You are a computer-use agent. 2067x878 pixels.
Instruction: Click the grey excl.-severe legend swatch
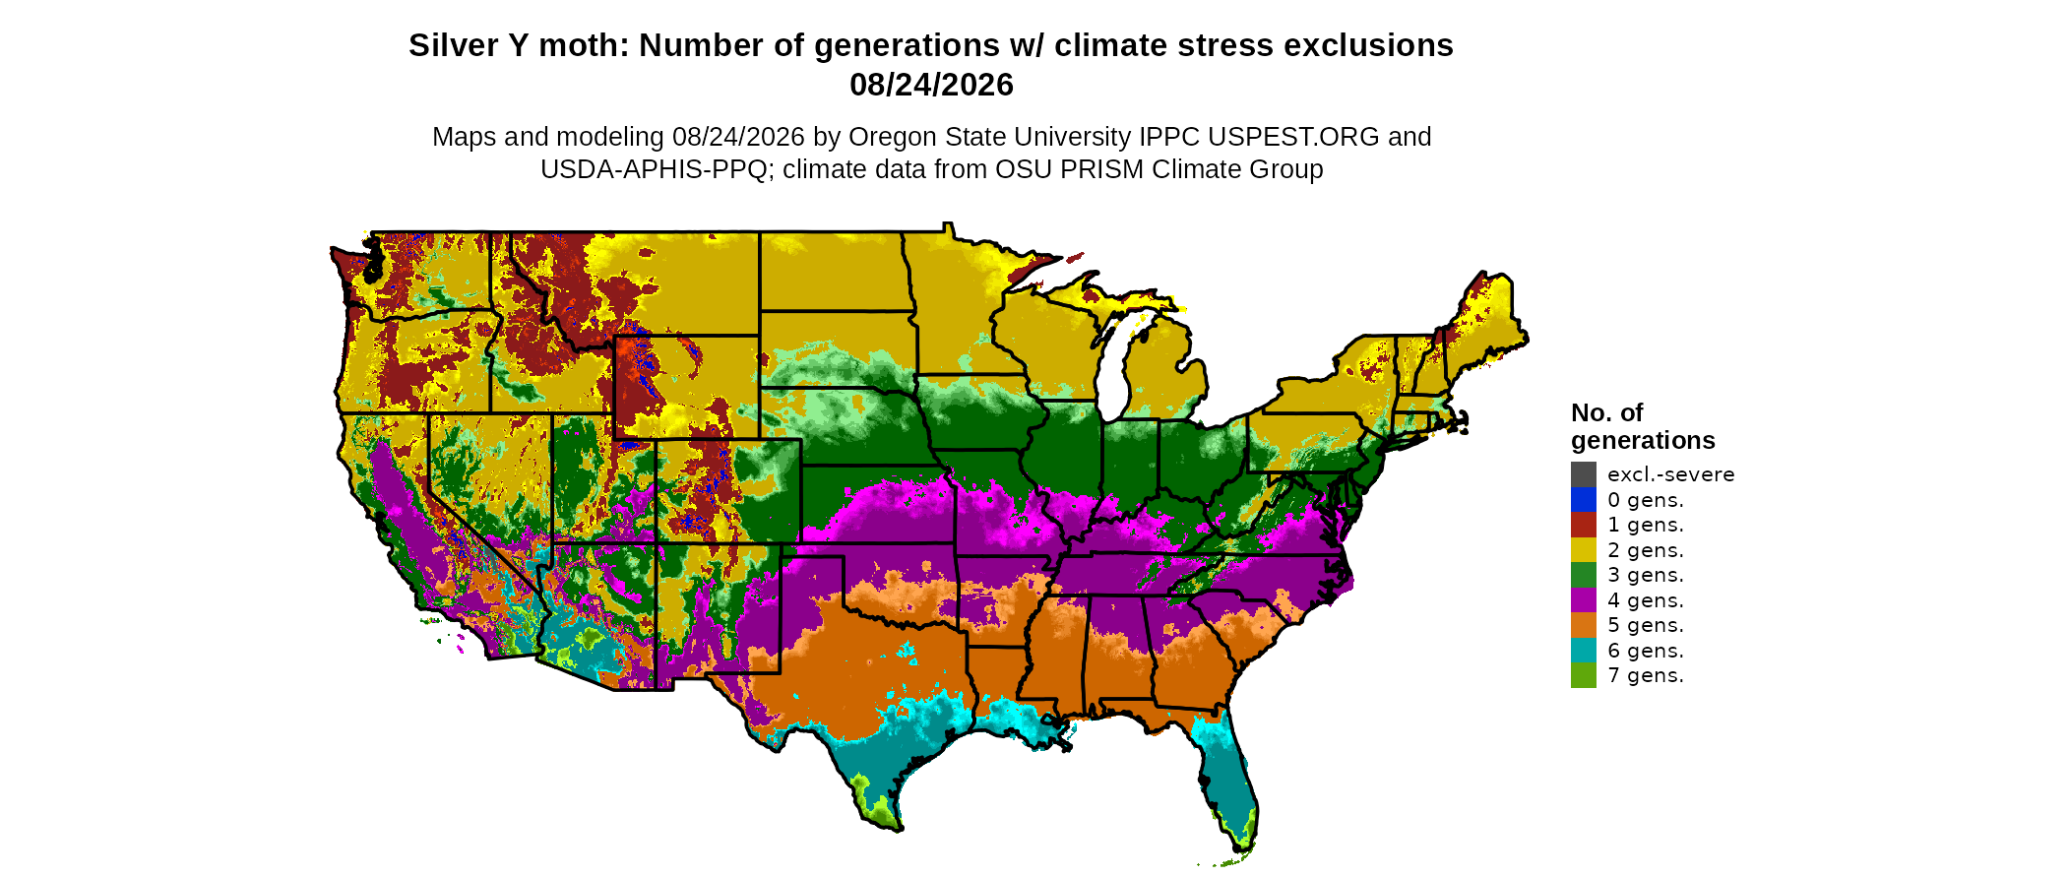(x=1584, y=474)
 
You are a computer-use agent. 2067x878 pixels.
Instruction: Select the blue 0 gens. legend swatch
(x=1584, y=499)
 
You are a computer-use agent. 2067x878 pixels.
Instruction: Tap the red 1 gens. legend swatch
(x=1584, y=525)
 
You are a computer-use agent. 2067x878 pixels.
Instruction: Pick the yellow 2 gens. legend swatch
(x=1584, y=549)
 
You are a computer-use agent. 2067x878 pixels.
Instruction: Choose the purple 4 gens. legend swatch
(x=1584, y=599)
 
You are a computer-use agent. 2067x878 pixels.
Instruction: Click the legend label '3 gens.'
(x=1646, y=575)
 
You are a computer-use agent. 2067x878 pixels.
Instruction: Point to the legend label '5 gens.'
(x=1646, y=625)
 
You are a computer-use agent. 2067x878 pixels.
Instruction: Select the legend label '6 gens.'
(x=1646, y=651)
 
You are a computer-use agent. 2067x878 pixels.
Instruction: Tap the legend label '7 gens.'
(x=1646, y=675)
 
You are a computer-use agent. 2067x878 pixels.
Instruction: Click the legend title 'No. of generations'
(x=1643, y=426)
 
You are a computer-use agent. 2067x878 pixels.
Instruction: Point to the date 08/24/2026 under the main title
(x=931, y=85)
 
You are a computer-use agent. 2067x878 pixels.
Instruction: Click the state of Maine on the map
(x=1482, y=315)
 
